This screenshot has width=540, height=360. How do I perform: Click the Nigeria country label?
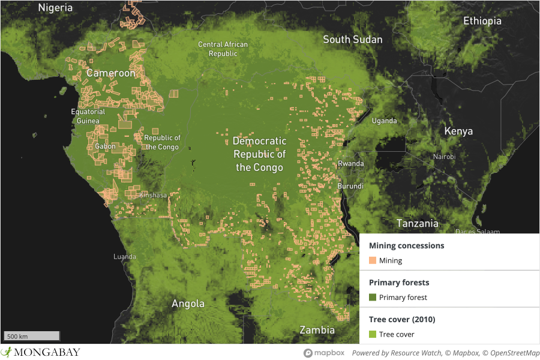click(x=55, y=8)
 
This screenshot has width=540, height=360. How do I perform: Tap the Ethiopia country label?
click(x=482, y=21)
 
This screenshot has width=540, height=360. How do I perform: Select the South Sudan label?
click(x=352, y=40)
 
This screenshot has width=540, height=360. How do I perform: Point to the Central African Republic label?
click(x=223, y=49)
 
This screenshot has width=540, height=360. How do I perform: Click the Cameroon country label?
click(x=111, y=73)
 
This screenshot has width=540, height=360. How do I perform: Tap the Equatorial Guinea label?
click(x=88, y=116)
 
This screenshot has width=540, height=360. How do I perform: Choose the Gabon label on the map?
click(x=105, y=146)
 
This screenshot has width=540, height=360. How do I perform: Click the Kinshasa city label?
click(x=153, y=196)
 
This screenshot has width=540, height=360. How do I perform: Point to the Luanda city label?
click(x=125, y=257)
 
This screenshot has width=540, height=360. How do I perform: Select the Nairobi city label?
click(x=444, y=157)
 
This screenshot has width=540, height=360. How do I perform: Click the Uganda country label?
click(x=384, y=121)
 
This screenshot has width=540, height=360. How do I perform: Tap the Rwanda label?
click(x=350, y=164)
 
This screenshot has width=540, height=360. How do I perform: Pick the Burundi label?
click(x=350, y=186)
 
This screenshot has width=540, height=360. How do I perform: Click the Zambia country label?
click(x=317, y=330)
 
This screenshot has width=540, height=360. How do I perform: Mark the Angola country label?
click(x=188, y=304)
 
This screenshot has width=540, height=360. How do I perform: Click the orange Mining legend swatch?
click(x=373, y=260)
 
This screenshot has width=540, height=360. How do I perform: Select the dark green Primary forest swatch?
click(x=373, y=298)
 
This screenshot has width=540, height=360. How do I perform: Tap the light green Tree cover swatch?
click(x=373, y=334)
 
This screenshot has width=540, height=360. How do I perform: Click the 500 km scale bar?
click(x=32, y=336)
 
